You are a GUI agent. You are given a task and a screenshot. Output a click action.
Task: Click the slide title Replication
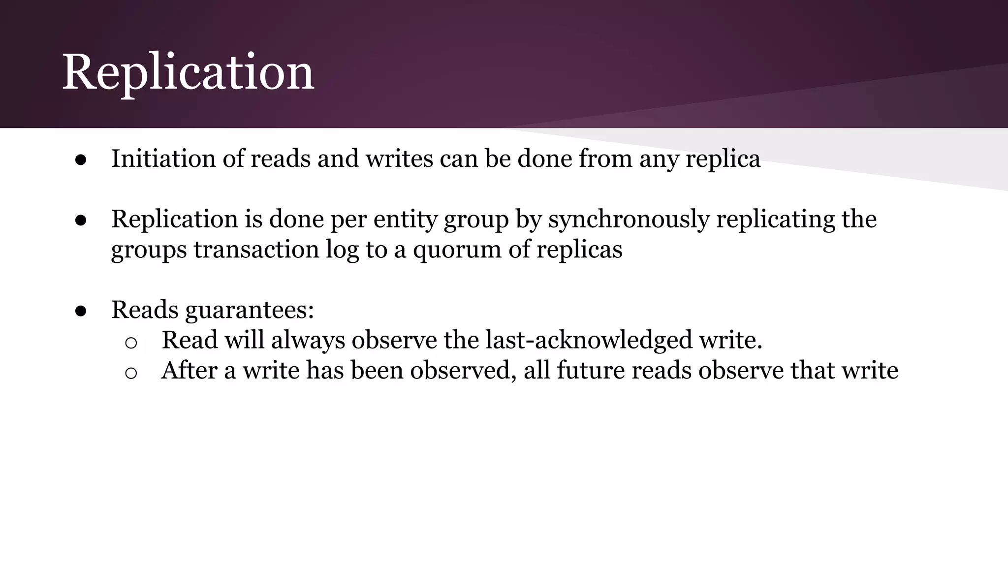[188, 72]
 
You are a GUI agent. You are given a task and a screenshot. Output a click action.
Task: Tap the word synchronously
[629, 220]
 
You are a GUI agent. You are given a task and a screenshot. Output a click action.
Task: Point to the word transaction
[256, 250]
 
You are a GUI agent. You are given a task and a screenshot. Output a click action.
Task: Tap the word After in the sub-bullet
[189, 370]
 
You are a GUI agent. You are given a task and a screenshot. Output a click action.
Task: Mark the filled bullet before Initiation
[81, 160]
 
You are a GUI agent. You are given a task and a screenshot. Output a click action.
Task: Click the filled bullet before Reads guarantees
[81, 311]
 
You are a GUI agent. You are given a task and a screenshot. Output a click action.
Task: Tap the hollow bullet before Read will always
[131, 342]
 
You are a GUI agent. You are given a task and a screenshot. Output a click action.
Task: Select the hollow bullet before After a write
[131, 373]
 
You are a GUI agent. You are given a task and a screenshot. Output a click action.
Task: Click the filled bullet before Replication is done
[81, 220]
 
